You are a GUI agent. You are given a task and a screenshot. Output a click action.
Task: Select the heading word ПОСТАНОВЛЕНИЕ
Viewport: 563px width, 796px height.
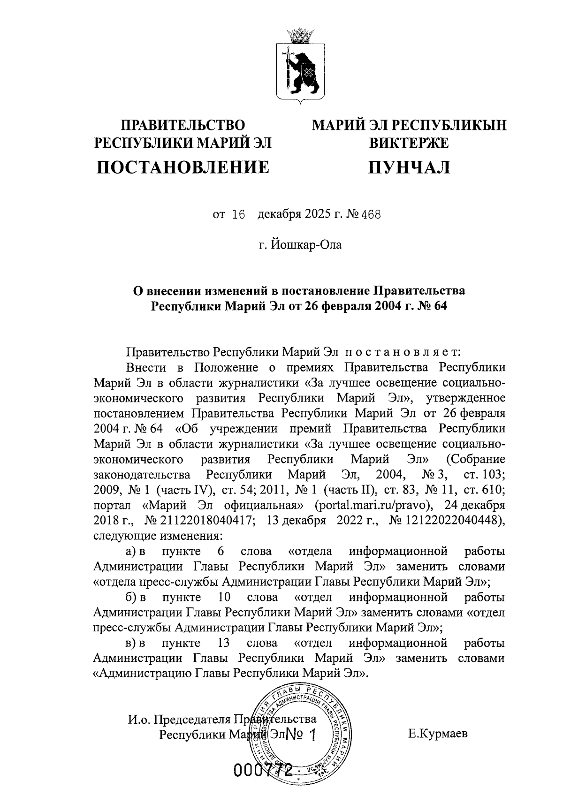(x=183, y=167)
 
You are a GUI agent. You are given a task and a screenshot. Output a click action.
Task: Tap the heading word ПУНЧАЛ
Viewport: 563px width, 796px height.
(x=408, y=167)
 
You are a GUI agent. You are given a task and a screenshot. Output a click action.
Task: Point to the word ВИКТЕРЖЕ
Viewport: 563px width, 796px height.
(x=408, y=143)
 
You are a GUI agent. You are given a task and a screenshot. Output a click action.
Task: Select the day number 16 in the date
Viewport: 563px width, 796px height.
(x=239, y=215)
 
